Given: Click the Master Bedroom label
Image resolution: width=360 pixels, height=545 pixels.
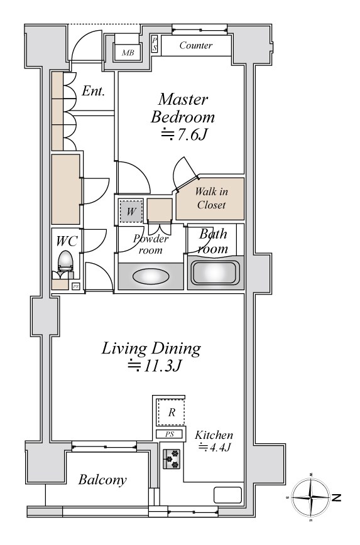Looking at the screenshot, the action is coord(183,108).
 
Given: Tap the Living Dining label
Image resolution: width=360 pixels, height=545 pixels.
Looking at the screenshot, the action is coord(151,348).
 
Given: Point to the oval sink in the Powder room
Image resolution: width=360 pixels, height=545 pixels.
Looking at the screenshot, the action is coord(151,276).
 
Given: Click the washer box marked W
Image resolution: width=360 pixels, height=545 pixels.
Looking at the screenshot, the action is coord(131,211).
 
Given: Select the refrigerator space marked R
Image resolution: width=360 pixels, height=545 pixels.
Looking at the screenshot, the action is coord(171,413).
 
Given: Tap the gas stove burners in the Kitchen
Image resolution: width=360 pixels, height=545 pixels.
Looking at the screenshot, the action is coord(172,459).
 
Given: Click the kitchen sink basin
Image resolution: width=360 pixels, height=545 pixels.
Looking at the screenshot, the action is coord(227,495).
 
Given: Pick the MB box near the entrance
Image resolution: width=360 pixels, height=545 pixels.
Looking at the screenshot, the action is coord(128,53).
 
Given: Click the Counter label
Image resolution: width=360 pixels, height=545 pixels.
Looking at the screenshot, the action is coord(196,45).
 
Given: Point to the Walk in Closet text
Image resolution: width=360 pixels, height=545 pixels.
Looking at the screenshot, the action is coord(211,198).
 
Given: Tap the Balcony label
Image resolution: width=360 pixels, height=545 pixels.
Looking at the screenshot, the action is coord(102,480).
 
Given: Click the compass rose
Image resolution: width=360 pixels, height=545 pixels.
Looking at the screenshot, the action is coord(311,497).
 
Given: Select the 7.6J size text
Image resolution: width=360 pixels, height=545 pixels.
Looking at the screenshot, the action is coord(185,134).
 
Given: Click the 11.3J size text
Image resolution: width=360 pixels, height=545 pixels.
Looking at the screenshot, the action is coord(155,365).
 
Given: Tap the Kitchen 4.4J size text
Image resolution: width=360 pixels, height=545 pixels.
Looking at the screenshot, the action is coord(215,447).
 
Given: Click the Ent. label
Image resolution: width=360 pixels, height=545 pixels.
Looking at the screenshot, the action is coord(93,91).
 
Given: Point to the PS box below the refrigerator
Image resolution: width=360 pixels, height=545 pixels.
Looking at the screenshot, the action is coord(170,434).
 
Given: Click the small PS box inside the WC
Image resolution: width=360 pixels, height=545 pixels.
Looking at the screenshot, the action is coord(75,287).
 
